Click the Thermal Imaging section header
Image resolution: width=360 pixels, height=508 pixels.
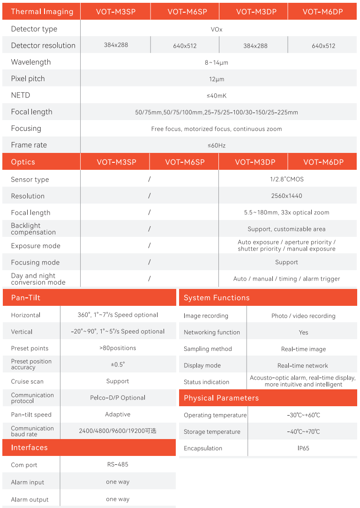coord(42,12)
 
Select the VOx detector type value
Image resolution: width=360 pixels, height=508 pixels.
coord(217,29)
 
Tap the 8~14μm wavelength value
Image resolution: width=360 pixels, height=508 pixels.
coord(217,62)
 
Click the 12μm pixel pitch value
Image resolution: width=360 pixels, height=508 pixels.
coord(217,79)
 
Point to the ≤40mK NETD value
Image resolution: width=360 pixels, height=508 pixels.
coord(217,96)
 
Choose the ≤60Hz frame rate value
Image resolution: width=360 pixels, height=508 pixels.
coord(217,145)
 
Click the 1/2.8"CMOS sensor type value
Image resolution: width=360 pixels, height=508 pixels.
coord(287,179)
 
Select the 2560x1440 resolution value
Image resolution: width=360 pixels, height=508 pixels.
coord(287,196)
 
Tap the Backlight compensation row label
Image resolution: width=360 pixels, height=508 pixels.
coord(33,229)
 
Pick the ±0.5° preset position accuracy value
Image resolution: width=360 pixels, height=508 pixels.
coord(118,364)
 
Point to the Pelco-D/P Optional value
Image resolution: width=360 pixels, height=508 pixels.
coord(118,397)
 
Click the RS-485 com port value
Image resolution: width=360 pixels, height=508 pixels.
coord(118,464)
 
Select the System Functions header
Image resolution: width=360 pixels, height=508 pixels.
coord(217,297)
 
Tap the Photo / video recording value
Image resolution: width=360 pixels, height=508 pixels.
coord(303,316)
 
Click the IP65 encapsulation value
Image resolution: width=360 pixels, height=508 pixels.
coord(303,448)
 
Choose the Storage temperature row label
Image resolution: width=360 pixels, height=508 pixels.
coord(212,432)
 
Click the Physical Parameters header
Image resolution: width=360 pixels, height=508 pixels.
coord(221,398)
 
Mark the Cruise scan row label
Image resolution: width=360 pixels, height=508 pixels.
coord(27,381)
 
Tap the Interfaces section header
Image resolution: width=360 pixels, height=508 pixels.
coord(30,447)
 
